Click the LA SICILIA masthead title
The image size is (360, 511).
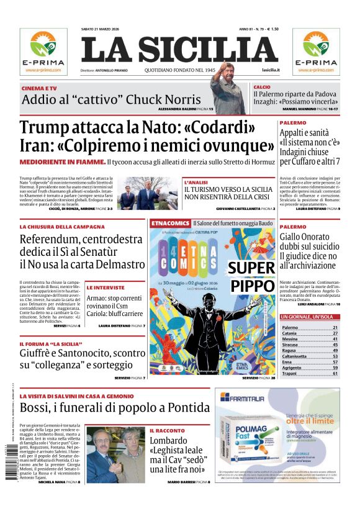[179, 50]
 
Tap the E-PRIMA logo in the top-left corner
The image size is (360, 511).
[43, 52]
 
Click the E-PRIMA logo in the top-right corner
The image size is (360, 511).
[316, 52]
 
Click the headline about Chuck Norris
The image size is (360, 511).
[111, 99]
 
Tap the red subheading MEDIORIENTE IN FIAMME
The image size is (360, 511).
[61, 162]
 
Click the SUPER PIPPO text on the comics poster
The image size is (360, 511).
[251, 276]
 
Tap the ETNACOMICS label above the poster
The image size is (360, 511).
[169, 222]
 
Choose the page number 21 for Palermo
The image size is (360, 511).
[335, 327]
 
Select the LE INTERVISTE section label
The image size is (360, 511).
[106, 287]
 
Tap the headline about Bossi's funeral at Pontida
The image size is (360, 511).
[114, 408]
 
